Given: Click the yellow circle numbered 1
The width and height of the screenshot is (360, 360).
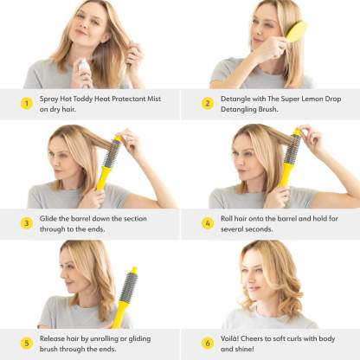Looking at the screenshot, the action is click(27, 103).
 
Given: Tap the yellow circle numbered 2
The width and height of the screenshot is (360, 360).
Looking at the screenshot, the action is click(208, 103).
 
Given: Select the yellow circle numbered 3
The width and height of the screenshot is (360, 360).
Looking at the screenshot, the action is click(27, 223).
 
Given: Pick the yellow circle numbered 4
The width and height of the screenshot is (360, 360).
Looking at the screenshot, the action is click(208, 223).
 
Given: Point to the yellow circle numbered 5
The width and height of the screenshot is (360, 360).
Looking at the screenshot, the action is click(27, 344).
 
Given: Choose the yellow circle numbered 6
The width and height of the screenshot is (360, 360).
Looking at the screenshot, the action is click(208, 344).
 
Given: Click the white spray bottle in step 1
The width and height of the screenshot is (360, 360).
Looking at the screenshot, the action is click(84, 72).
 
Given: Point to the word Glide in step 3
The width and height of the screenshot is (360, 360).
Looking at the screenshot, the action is click(48, 219).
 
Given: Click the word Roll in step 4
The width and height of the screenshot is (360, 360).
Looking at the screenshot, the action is click(227, 219).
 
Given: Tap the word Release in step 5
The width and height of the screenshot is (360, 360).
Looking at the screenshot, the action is click(52, 338).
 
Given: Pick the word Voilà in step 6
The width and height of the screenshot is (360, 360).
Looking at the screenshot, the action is click(229, 338).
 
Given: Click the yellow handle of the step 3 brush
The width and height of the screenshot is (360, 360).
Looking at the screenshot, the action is click(103, 179).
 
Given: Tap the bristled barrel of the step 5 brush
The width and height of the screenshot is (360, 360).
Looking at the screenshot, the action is click(129, 287).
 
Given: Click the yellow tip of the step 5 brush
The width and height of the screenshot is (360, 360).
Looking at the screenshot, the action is click(133, 270).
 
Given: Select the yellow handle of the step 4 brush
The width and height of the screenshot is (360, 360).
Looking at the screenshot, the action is click(285, 175).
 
